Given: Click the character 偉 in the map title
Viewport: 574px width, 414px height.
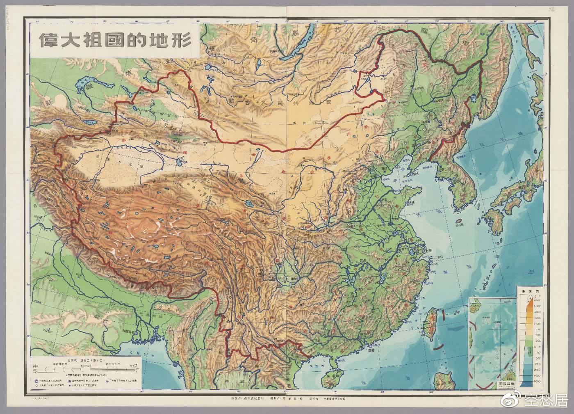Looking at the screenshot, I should (x=46, y=40).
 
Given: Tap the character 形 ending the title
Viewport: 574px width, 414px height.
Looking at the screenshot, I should (x=183, y=40).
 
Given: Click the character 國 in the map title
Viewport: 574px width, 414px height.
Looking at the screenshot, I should (x=115, y=40).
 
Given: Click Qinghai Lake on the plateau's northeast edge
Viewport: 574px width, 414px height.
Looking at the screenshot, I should (x=248, y=204).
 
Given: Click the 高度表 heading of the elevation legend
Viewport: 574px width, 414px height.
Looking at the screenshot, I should (x=529, y=289).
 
